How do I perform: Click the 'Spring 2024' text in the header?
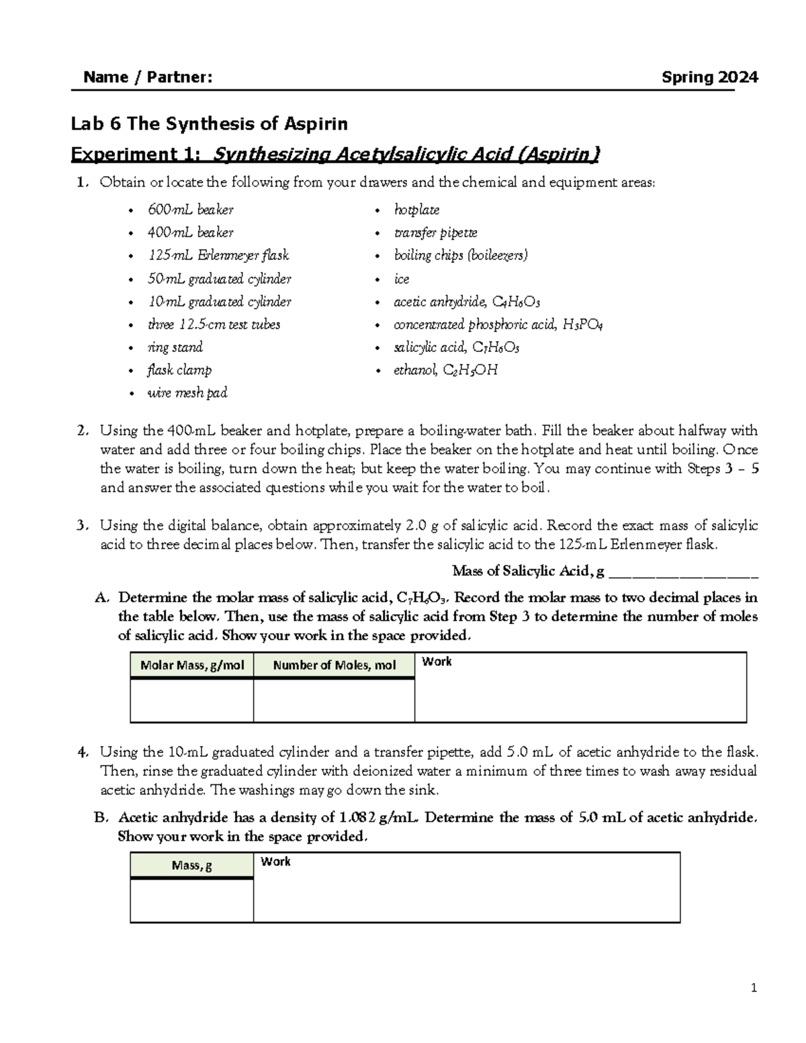(709, 77)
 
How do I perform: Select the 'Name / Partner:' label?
(148, 77)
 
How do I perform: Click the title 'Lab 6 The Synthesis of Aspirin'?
(210, 124)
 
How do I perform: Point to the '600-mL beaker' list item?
(190, 210)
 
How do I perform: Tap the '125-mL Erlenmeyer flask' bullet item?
(218, 256)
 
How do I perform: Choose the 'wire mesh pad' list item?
(187, 393)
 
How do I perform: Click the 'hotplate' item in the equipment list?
(416, 210)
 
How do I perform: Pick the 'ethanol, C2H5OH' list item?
(445, 370)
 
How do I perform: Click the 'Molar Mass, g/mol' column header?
(192, 666)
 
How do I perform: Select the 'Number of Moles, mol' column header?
(334, 666)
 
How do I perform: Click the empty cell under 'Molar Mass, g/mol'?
(192, 700)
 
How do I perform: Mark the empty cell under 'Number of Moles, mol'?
(334, 700)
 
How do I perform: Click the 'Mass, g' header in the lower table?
(192, 865)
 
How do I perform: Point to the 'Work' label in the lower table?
(275, 862)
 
